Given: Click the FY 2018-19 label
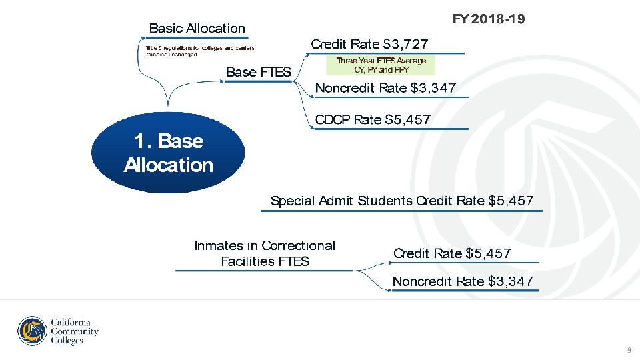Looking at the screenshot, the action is [x=488, y=19].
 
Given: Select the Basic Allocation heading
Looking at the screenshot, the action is [x=197, y=28].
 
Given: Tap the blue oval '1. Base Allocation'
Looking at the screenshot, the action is [x=168, y=153].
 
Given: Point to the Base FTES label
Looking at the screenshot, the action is [x=259, y=72].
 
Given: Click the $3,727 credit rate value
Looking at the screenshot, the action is [x=406, y=45].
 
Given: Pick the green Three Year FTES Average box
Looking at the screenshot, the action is [x=381, y=65].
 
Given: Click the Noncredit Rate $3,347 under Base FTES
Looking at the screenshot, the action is [x=385, y=88].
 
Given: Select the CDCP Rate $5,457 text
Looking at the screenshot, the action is [x=373, y=120].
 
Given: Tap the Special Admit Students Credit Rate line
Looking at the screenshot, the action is [x=401, y=201].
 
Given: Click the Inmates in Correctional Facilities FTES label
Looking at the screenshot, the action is [x=265, y=253].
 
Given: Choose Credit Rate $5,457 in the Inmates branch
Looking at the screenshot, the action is [x=451, y=253].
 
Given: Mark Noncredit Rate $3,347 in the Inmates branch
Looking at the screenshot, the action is [x=463, y=281].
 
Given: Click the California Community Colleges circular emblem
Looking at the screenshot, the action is [x=32, y=331].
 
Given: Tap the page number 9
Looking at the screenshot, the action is [x=628, y=350].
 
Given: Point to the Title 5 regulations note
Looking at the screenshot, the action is [x=199, y=51].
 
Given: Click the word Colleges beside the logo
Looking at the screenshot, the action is [x=67, y=341].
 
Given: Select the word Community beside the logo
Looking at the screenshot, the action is [x=75, y=331].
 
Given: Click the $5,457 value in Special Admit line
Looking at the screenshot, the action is [x=511, y=201].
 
